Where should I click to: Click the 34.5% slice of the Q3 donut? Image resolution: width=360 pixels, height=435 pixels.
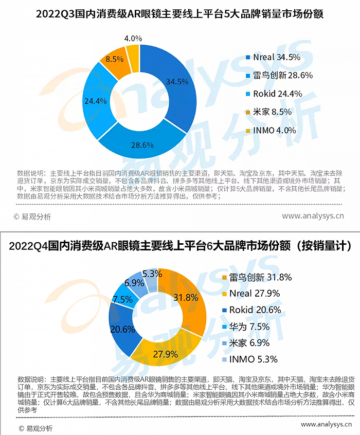pos(177,82)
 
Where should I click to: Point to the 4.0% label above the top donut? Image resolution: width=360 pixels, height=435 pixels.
pos(133,39)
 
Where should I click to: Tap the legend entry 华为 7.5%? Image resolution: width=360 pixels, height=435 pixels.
pos(252,327)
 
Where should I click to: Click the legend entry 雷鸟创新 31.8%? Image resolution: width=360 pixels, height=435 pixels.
pos(262,278)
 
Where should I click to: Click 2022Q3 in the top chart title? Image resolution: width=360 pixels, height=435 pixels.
pos(56,14)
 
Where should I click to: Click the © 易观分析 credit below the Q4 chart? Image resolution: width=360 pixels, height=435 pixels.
pos(35,428)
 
